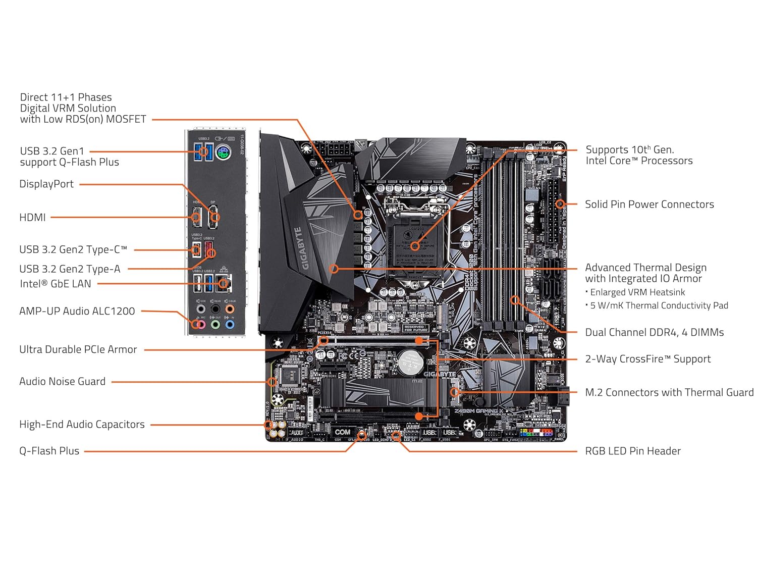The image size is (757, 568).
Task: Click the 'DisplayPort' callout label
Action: tap(46, 184)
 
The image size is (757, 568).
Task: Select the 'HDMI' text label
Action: tap(32, 218)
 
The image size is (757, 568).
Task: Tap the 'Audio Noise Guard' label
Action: tap(62, 382)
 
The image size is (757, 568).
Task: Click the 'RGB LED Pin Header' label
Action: tap(632, 451)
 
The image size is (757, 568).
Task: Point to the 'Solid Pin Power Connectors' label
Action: tap(649, 204)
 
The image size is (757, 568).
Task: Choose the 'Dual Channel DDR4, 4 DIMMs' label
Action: tap(654, 333)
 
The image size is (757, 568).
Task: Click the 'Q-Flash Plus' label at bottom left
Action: tap(49, 451)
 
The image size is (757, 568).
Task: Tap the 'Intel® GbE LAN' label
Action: tap(56, 284)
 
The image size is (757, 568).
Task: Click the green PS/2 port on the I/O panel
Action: tap(224, 152)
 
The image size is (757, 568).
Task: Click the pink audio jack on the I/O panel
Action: tap(201, 324)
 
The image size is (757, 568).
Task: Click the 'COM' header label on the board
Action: tap(342, 432)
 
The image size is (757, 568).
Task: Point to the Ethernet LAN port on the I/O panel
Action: tap(224, 283)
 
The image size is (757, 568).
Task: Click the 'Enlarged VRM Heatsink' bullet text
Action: tap(637, 292)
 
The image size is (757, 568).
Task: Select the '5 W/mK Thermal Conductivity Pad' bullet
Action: tap(659, 305)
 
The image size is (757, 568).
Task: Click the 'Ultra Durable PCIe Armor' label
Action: tap(78, 349)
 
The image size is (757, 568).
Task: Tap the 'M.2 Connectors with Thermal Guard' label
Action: tap(669, 393)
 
